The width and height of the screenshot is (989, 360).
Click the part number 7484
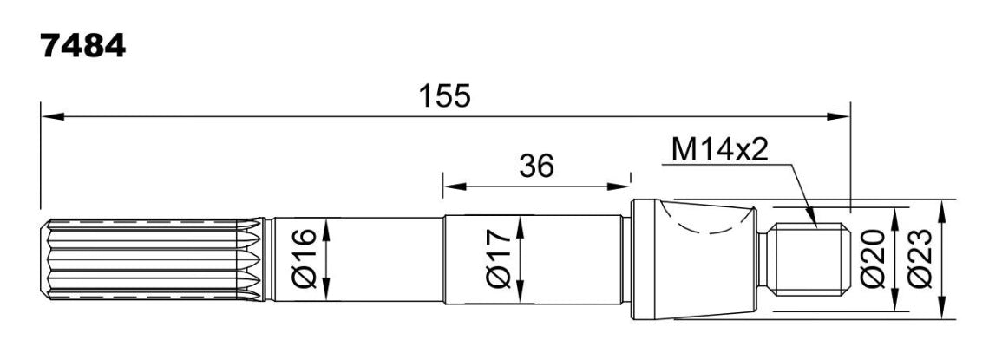(x=82, y=47)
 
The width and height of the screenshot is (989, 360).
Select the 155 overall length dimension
(x=445, y=96)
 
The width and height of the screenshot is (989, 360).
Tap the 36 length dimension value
(x=536, y=166)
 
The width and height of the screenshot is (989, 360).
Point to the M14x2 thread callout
(x=720, y=151)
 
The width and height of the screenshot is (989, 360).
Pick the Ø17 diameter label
(x=498, y=259)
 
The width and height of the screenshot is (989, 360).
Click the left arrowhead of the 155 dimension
(x=52, y=116)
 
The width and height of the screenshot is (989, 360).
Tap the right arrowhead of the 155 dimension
(x=838, y=116)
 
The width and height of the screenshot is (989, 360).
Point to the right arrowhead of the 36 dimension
(x=618, y=186)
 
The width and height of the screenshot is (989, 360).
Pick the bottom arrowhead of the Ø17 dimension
(x=520, y=293)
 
